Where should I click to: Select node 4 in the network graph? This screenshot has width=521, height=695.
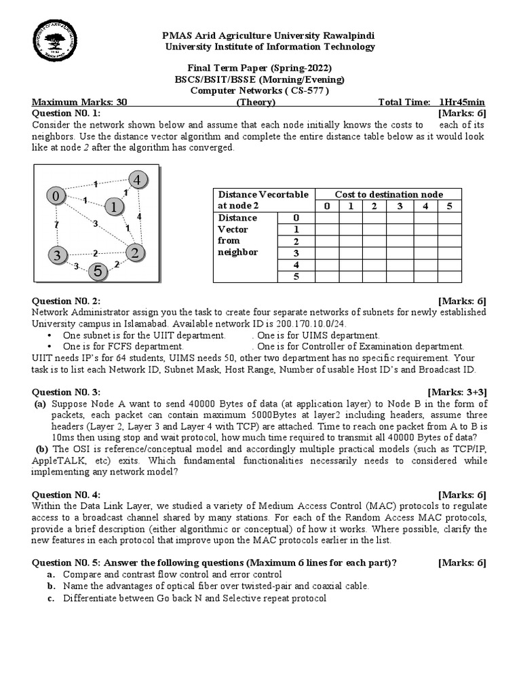[x=138, y=180]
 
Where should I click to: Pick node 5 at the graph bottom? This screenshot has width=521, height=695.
[x=98, y=271]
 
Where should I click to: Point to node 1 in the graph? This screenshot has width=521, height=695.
[x=115, y=206]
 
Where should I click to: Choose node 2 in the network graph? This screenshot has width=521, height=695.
[x=136, y=253]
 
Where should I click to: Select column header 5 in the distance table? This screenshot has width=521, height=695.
[x=449, y=206]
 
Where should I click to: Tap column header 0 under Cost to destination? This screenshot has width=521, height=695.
[x=328, y=206]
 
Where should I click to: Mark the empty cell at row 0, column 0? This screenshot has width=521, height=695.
[x=328, y=218]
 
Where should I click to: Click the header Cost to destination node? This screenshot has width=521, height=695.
[x=388, y=195]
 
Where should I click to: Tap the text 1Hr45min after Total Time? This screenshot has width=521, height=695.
[x=462, y=102]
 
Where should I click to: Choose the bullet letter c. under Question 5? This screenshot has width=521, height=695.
[x=51, y=598]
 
